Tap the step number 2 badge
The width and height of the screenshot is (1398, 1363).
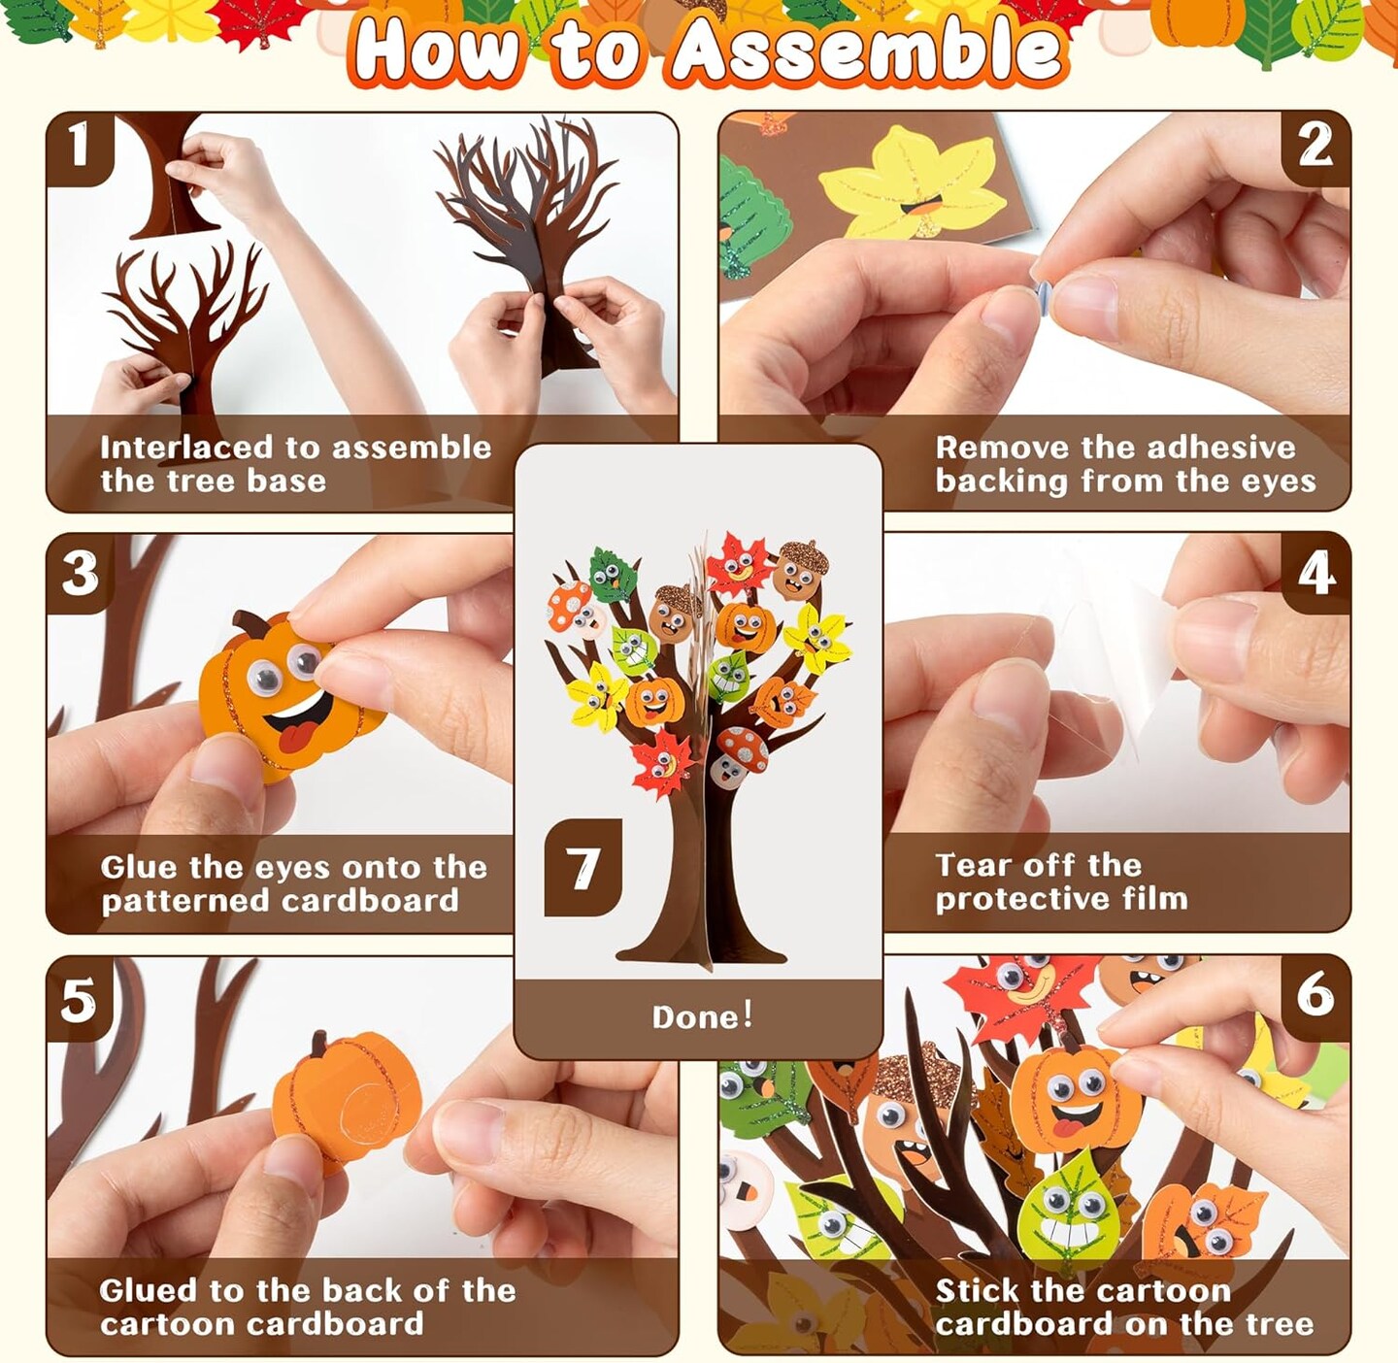1315,147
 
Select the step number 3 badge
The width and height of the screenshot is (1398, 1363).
80,573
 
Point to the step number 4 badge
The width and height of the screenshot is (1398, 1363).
1315,573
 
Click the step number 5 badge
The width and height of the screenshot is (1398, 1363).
79,999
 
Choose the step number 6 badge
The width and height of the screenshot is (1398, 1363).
1315,994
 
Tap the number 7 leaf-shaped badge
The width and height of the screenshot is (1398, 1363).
582,868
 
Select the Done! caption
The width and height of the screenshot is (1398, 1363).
701,1016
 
